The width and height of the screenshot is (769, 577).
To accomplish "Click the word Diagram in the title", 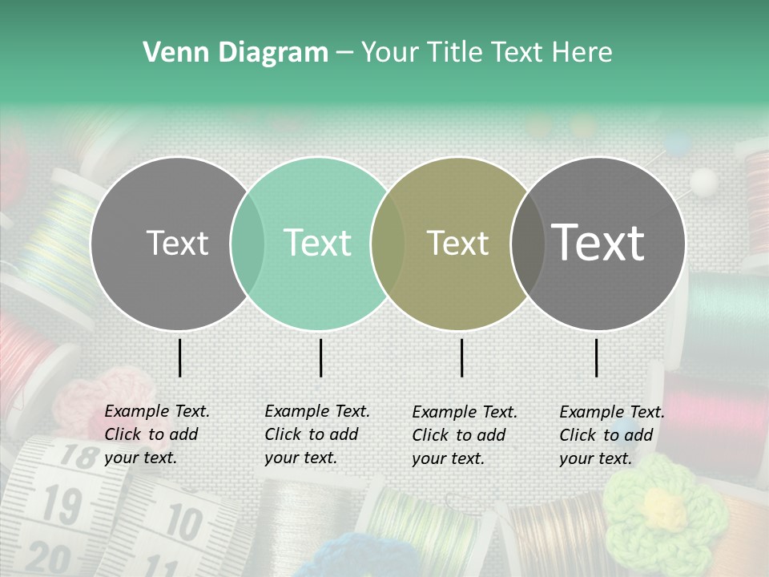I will coord(273,53).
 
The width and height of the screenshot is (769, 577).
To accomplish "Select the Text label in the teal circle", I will coord(318,243).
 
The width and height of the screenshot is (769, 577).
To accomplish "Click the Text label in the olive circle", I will coord(458,243).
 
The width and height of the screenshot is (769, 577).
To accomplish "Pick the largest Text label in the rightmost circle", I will coord(598,243).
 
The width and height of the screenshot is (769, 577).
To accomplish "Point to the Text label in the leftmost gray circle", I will coord(178,243).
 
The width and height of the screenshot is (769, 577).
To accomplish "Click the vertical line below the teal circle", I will coord(320,357).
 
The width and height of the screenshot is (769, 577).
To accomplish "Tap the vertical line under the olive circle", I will coord(462,357).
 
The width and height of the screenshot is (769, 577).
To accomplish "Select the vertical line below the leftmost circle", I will coord(180,357).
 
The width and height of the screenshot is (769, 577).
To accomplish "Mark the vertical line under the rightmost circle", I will coord(597,357).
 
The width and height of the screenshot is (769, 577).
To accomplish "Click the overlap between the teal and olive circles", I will coord(388,243).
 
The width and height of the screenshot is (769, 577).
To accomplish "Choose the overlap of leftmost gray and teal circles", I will coord(248,243).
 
